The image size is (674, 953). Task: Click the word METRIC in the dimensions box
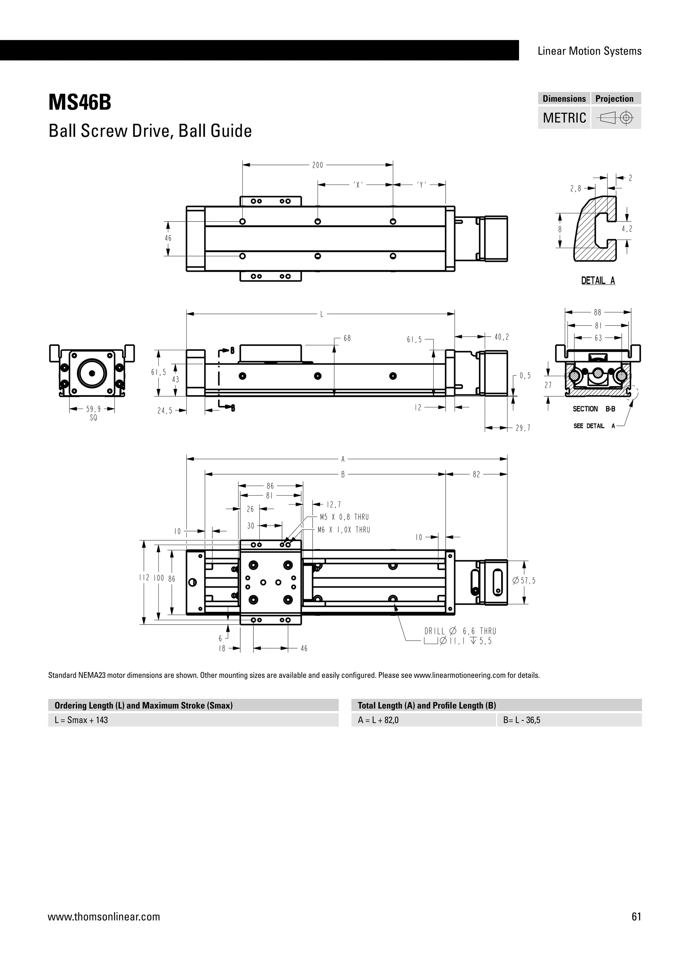564,118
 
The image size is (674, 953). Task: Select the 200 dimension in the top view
318,165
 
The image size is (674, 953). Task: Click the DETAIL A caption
598,281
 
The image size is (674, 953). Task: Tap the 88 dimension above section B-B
597,313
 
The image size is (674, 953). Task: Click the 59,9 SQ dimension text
93,413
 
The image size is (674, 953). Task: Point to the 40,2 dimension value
502,337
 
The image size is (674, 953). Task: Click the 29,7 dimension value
523,428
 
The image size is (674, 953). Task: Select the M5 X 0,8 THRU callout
344,517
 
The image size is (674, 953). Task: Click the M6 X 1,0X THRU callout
344,529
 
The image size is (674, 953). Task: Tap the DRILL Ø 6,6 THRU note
460,631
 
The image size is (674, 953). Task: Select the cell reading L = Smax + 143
81,720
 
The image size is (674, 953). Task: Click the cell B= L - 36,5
522,720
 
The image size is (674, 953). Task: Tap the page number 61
636,916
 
